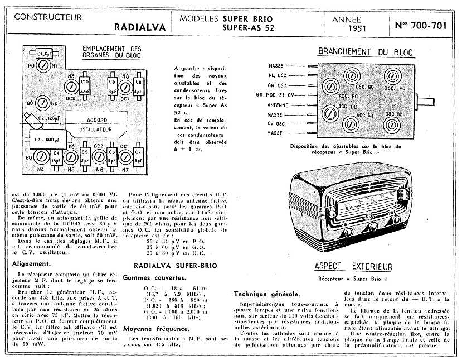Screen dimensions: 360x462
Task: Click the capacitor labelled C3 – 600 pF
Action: (x=45, y=140)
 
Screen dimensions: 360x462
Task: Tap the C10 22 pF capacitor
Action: (x=85, y=86)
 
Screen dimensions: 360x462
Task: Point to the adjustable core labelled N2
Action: (x=43, y=103)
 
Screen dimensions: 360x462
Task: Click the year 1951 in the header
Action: (x=357, y=28)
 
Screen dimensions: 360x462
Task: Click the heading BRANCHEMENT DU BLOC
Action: (x=365, y=52)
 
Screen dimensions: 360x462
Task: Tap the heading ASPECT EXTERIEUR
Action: (x=353, y=267)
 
